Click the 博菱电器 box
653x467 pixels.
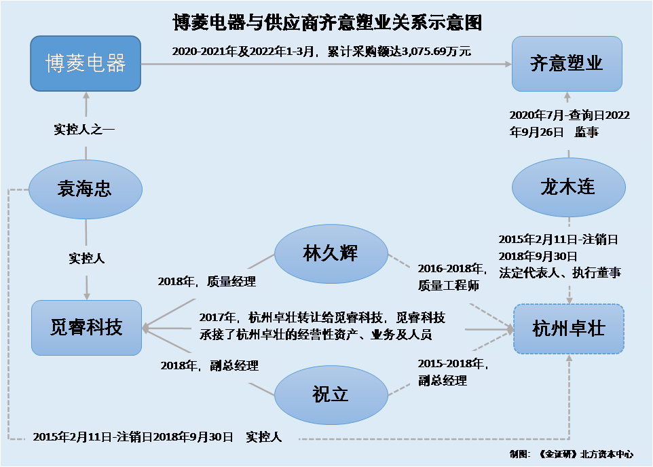coord(86,63)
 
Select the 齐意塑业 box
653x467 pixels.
coord(567,64)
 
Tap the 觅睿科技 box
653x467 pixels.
coord(87,327)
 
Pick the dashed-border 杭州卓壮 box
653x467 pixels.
coord(568,329)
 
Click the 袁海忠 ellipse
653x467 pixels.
coord(86,189)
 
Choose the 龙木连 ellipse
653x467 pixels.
coord(568,187)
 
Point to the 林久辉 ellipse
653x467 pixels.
coord(331,254)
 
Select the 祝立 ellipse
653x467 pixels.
coord(331,395)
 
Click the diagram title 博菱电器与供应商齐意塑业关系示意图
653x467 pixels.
coord(327,22)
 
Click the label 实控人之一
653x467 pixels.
coord(84,129)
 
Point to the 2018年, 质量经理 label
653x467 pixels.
coord(206,282)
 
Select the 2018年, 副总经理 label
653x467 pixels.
coord(210,366)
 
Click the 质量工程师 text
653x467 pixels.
coord(449,285)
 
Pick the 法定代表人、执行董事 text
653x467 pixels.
coord(560,273)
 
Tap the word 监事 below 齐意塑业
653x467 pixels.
coord(586,132)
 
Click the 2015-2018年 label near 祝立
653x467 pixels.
coord(453,364)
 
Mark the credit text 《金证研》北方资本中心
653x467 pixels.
coord(586,454)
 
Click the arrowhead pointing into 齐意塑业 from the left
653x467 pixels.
coord(508,64)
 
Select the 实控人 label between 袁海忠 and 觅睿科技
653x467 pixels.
coord(87,259)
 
